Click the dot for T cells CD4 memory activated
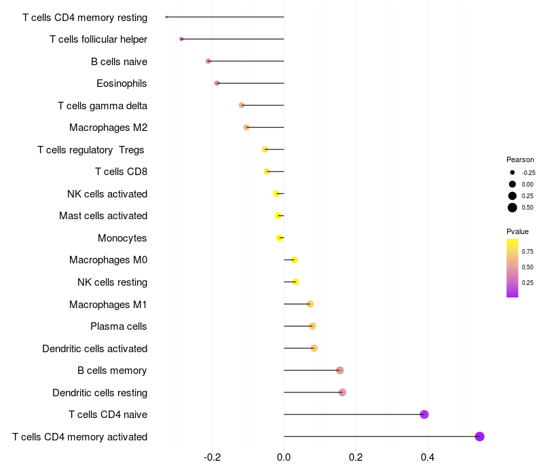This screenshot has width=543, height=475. coord(479,436)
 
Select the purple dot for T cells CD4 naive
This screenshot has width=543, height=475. coord(424,415)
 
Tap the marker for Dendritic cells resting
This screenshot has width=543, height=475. coord(342,392)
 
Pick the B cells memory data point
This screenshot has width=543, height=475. coord(340,370)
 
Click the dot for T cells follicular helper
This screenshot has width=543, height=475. coord(181,39)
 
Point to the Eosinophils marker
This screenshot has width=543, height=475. coord(217,83)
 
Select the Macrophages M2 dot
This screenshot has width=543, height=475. coord(246,128)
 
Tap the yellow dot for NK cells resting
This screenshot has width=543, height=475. coord(295,282)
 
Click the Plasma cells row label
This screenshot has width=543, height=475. coord(119,326)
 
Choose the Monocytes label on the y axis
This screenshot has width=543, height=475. coord(122,238)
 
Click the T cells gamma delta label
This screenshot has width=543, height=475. coord(102,106)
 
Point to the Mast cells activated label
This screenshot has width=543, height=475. coord(103,216)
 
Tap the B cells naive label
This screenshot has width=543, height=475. coord(119,62)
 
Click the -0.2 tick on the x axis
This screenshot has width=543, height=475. coord(212,457)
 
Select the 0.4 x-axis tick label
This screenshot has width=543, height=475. coord(428,457)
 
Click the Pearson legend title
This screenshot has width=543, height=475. coord(520,159)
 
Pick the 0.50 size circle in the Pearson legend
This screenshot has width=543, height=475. coord(512,208)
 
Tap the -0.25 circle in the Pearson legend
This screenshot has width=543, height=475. coord(512,172)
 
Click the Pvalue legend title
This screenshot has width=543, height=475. coord(518,231)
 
